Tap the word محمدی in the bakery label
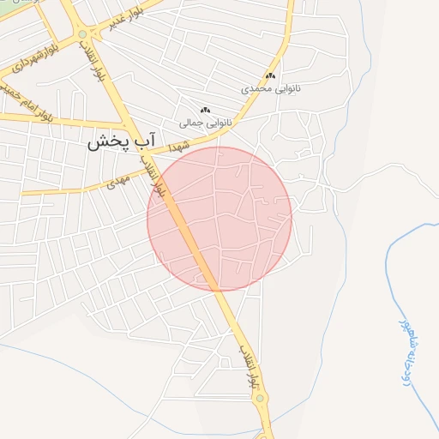click(x=256, y=88)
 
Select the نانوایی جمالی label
click(x=205, y=123)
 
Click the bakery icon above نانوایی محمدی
click(x=272, y=76)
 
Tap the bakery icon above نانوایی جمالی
click(x=204, y=110)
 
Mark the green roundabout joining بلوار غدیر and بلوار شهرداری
click(x=82, y=34)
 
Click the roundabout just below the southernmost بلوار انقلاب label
click(x=260, y=398)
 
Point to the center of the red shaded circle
click(x=219, y=219)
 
